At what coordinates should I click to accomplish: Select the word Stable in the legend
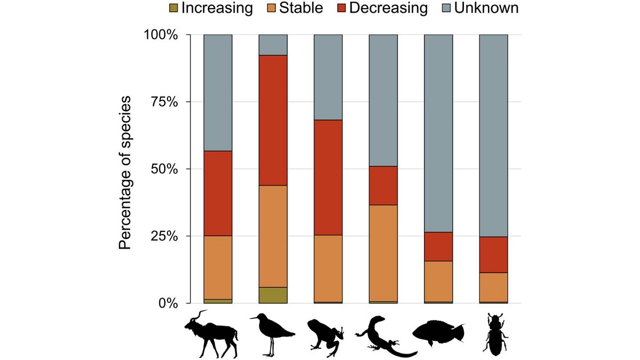pos(299,8)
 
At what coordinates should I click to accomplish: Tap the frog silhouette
pos(325,336)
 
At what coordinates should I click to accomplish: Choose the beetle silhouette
pos(493,334)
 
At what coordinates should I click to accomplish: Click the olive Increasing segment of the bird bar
pos(273,295)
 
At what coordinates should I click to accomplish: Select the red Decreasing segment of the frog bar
pos(328,177)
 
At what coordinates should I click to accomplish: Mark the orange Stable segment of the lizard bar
pos(383,253)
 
